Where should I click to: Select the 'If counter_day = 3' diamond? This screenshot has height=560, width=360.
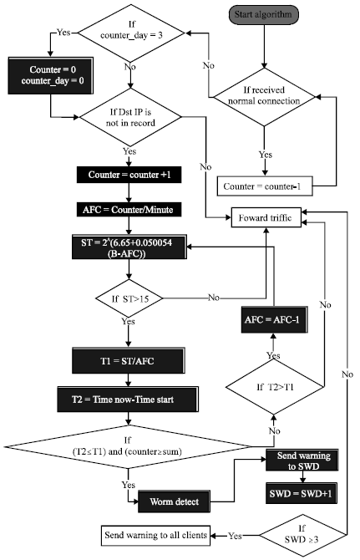(x=129, y=34)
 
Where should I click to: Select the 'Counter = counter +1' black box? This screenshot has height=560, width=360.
(x=128, y=176)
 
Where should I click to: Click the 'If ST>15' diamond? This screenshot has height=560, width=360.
(x=128, y=298)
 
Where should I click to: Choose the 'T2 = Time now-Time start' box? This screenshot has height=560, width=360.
(x=128, y=398)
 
